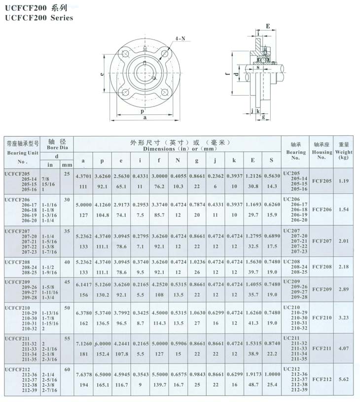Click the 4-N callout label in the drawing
pyautogui.click(x=180, y=39)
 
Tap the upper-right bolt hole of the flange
pyautogui.click(x=165, y=54)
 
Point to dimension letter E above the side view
pyautogui.click(x=268, y=26)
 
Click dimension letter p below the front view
pyautogui.click(x=142, y=111)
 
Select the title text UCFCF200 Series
pyautogui.click(x=39, y=18)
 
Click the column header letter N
pyautogui.click(x=178, y=160)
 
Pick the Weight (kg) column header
pyautogui.click(x=344, y=152)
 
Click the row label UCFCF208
pyautogui.click(x=17, y=262)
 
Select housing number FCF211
pyautogui.click(x=322, y=348)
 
